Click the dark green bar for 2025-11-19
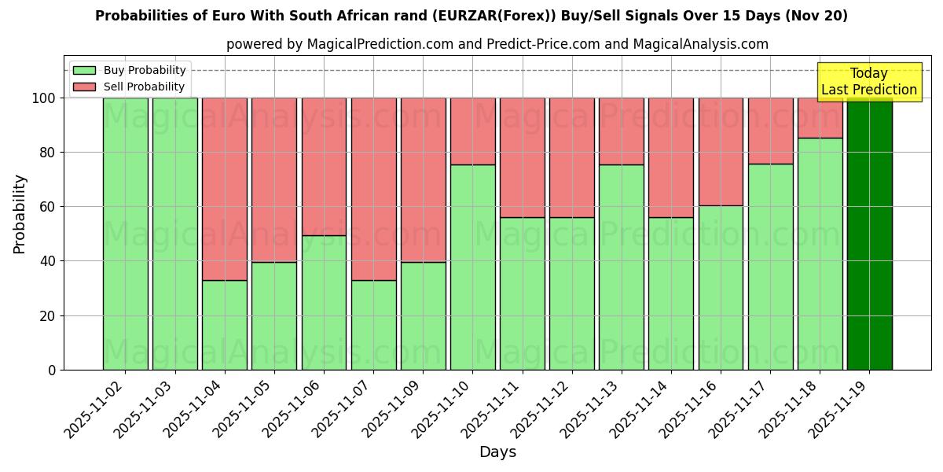[x=869, y=234]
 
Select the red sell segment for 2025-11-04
[x=225, y=189]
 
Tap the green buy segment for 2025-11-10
[x=473, y=267]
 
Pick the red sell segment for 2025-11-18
[x=820, y=118]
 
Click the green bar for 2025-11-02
[x=126, y=234]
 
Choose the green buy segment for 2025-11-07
[x=373, y=325]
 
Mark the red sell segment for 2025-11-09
[x=424, y=179]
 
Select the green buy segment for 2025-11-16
[x=721, y=287]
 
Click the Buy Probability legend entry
[x=130, y=70]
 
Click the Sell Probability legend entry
[x=130, y=87]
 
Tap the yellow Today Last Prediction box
[x=868, y=82]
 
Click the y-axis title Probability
[x=20, y=213]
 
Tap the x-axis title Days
[x=497, y=452]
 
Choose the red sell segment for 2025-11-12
[x=572, y=157]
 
